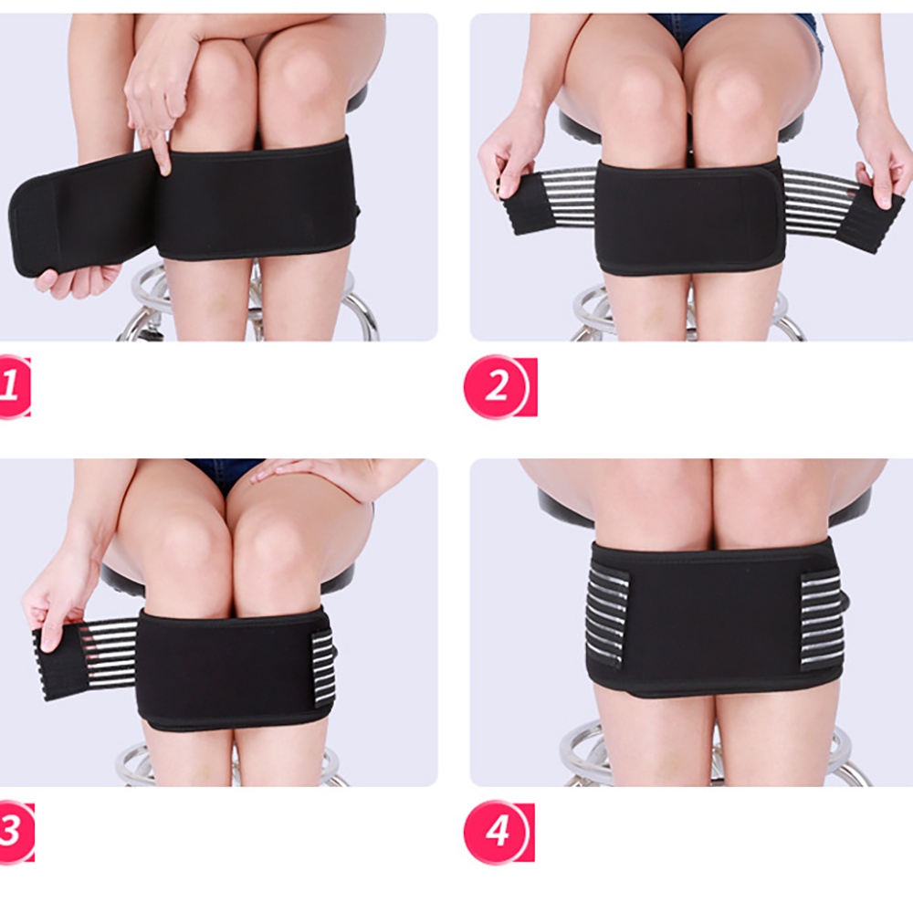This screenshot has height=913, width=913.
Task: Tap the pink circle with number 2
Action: tap(497, 386)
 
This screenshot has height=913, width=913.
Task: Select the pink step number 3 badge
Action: tap(13, 833)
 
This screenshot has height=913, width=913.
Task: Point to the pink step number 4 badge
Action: tap(497, 833)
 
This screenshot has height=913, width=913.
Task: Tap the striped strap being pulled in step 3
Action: tap(91, 653)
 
